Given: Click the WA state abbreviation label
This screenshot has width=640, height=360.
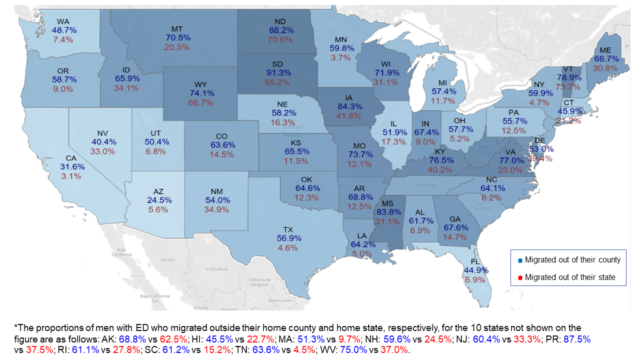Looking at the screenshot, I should [x=63, y=21].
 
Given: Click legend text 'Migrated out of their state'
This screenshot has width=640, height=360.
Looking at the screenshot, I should [x=570, y=277].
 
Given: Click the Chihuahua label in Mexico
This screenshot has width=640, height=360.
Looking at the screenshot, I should [x=216, y=268].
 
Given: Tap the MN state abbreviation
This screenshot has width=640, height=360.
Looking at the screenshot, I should [x=342, y=38].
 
